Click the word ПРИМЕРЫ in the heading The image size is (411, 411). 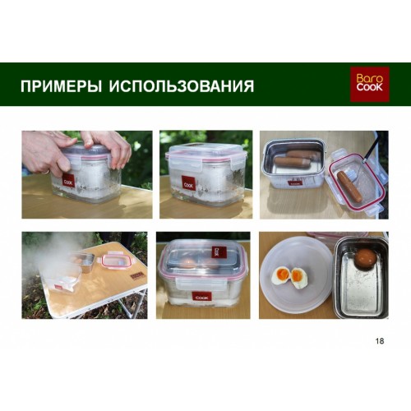pos(61,86)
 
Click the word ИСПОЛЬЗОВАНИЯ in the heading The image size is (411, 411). pos(182,86)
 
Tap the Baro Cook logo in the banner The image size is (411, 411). pos(370,84)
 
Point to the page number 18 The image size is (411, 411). pos(380,341)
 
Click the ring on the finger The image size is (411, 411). pos(46,172)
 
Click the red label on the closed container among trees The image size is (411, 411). pos(188,184)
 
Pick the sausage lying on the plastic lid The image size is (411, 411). pos(349,187)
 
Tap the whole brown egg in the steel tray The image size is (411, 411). pos(366,258)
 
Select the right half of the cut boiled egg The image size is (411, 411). pos(299,278)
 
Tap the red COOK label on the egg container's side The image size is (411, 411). pos(201,298)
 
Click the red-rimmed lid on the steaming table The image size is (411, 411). pos(113,261)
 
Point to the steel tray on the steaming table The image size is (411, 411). pos(85,262)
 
